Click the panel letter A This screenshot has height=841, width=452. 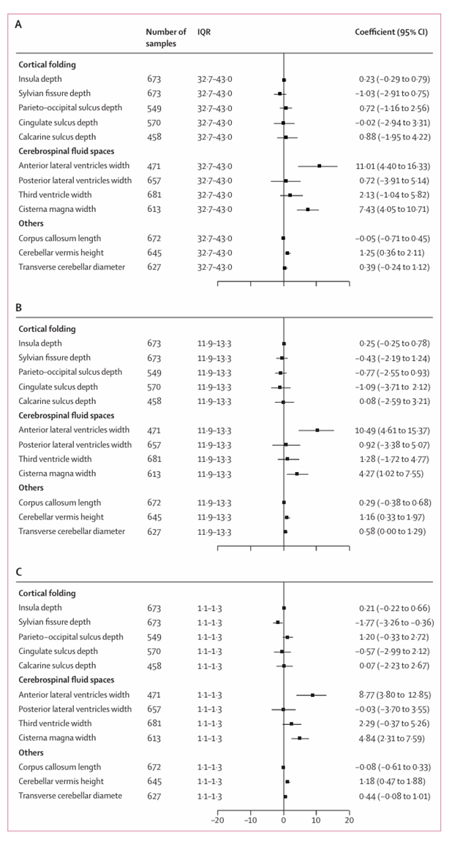[x=20, y=24]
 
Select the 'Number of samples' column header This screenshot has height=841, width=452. [x=166, y=39]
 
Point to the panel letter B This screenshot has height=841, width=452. [x=20, y=308]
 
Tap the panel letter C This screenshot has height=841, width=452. [x=20, y=572]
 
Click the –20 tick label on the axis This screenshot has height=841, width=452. [x=217, y=819]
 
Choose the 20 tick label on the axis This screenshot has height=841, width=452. [x=349, y=819]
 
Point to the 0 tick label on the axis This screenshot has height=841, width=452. [x=284, y=819]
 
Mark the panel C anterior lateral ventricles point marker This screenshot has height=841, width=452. [x=312, y=695]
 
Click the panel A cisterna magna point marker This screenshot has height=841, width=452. [x=308, y=209]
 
